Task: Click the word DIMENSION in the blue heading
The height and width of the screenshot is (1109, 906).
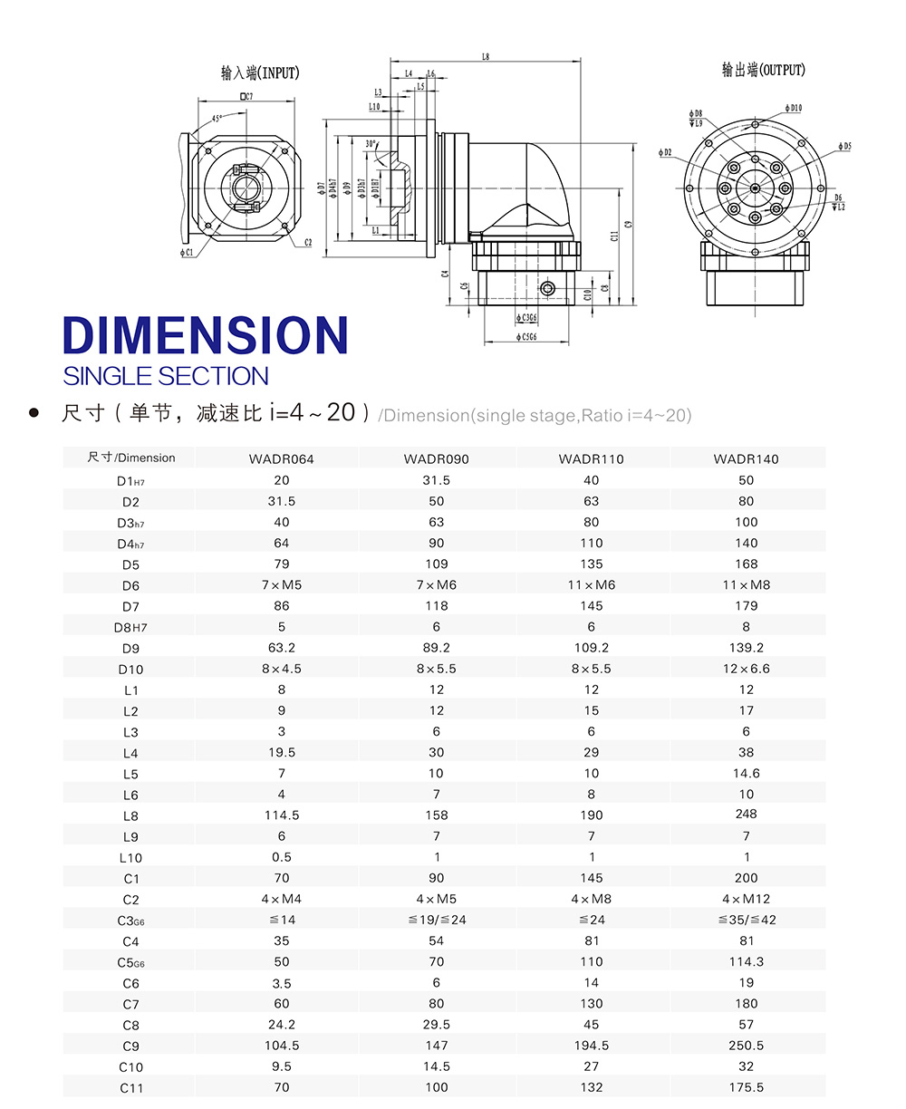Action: click(206, 335)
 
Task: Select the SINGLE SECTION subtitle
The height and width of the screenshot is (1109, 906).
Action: click(166, 376)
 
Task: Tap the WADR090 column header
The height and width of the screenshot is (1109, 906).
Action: click(436, 459)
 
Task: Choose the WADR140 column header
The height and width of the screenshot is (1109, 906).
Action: click(746, 459)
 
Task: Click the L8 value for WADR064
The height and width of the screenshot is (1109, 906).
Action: click(282, 815)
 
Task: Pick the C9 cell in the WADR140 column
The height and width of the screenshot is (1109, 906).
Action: click(746, 1046)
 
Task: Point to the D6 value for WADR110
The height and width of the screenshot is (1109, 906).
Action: click(591, 585)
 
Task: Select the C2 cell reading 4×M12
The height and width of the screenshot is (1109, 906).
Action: click(746, 899)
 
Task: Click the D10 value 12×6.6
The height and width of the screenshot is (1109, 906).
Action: click(746, 669)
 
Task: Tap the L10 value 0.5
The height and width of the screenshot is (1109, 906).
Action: click(282, 857)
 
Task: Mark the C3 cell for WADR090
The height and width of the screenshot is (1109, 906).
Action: click(436, 920)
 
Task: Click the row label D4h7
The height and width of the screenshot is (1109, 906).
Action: click(131, 544)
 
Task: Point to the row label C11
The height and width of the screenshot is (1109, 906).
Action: click(131, 1088)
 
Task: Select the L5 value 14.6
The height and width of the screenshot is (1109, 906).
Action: click(746, 774)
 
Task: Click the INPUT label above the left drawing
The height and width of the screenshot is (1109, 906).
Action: click(260, 72)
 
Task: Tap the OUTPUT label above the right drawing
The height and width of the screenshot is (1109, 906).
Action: click(763, 70)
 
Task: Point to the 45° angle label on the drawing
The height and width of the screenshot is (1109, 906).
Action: click(217, 119)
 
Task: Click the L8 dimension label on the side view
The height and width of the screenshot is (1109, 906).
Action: click(486, 56)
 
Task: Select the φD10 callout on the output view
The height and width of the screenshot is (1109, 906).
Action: click(791, 108)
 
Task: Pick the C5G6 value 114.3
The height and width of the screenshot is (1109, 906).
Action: click(746, 961)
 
